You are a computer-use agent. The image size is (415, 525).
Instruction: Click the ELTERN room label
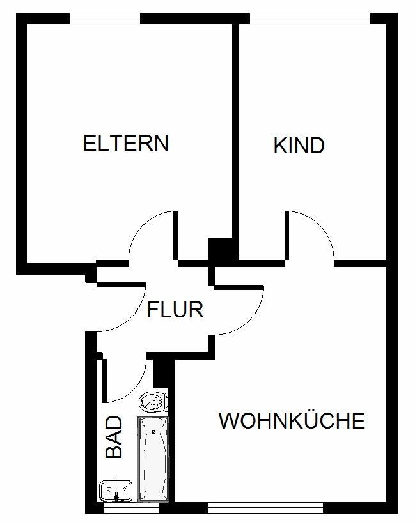point(126,143)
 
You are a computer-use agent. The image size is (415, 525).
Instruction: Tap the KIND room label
point(299,146)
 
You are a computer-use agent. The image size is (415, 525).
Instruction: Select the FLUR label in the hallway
point(175,310)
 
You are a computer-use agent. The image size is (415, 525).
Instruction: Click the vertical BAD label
point(114,437)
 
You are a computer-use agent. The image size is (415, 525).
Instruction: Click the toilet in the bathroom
point(153,402)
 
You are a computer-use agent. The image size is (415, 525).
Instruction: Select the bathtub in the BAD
point(153,459)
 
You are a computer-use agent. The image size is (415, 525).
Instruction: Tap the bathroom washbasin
point(116,491)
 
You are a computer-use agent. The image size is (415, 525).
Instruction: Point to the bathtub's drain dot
point(153,432)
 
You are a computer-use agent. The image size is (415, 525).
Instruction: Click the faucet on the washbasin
point(116,497)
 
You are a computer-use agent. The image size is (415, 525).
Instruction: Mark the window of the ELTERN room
point(105,19)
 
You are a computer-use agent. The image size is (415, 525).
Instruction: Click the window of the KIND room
point(309,19)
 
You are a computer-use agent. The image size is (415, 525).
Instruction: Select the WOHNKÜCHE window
point(265,508)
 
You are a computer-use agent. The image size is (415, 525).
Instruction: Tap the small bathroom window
point(131,508)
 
